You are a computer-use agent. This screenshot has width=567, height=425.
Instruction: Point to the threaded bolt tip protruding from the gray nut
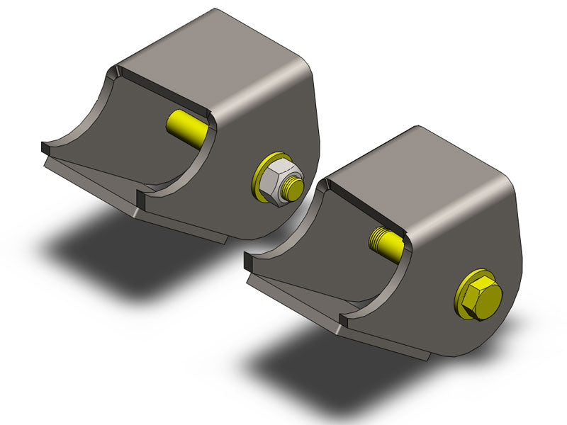[293, 189]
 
